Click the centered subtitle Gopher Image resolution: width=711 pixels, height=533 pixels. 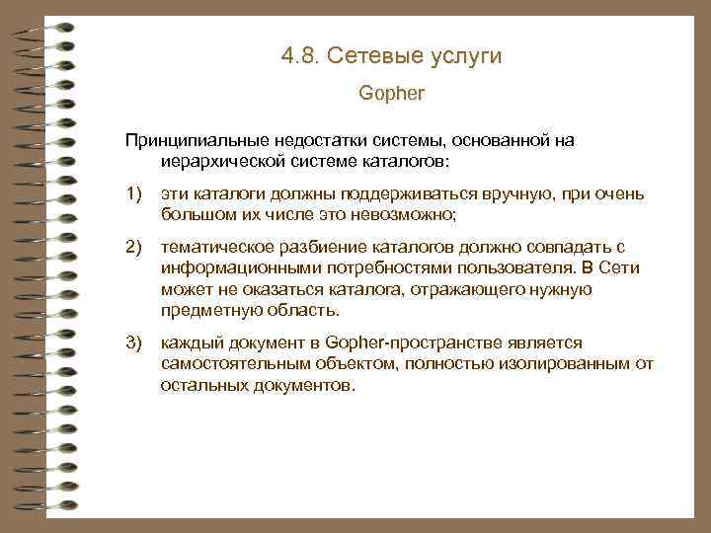coord(391,96)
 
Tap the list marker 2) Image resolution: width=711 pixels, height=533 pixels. coord(133,246)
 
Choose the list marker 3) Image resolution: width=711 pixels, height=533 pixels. coord(133,342)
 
